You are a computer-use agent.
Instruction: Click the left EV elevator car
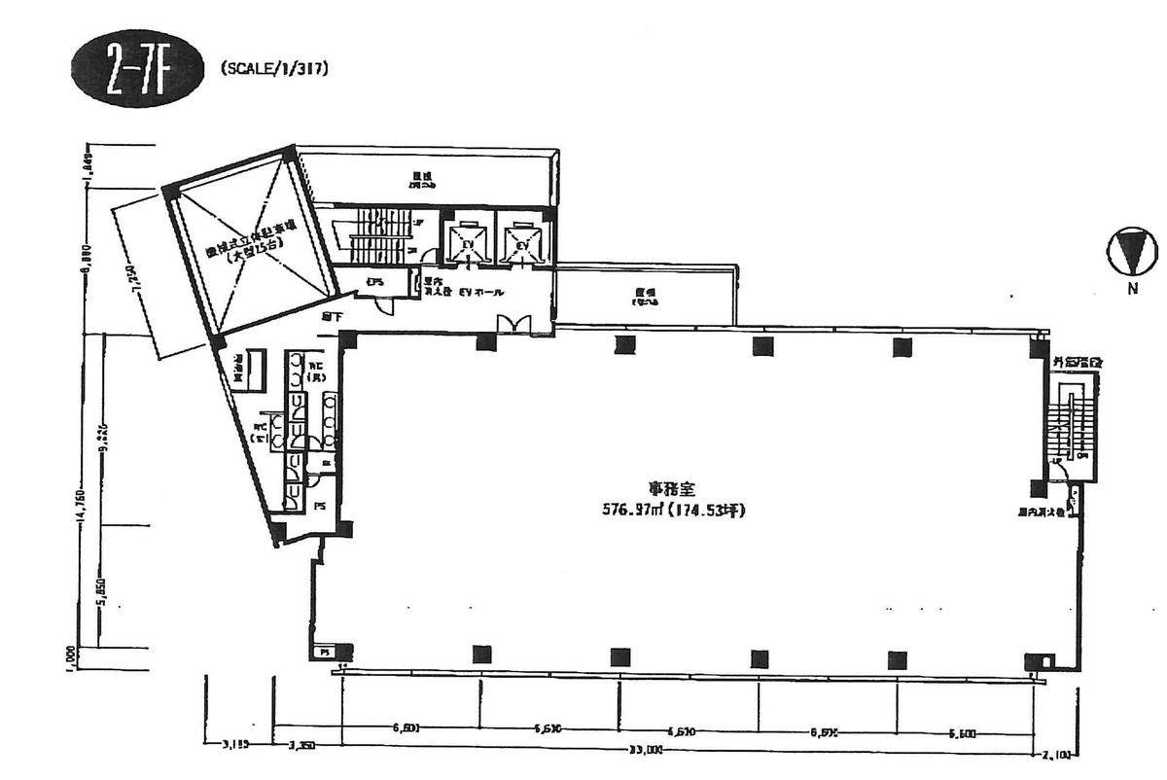469,241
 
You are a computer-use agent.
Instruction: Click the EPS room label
373,283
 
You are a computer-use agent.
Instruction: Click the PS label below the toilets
320,506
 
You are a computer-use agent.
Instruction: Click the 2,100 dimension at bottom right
1058,753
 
